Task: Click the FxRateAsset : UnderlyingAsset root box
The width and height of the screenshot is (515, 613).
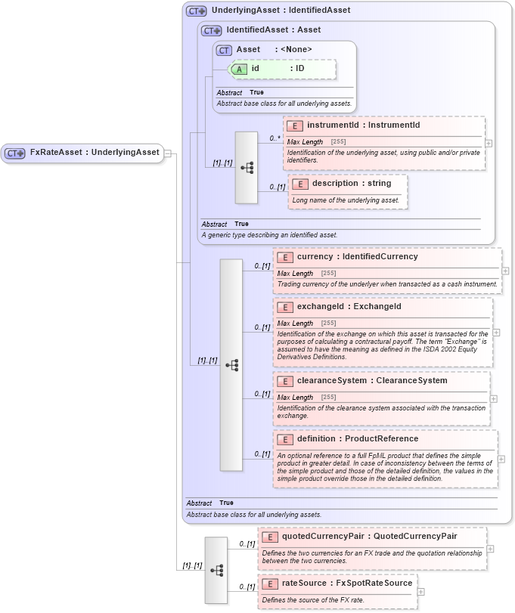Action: pos(82,153)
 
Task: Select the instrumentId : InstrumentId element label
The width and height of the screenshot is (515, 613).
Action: pos(363,125)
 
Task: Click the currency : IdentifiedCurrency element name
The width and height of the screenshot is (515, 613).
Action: pos(357,257)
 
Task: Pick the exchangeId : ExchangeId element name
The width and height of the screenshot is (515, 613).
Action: pos(349,307)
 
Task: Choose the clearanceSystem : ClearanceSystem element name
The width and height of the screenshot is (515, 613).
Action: pos(372,381)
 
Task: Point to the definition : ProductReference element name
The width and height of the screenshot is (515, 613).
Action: pos(357,439)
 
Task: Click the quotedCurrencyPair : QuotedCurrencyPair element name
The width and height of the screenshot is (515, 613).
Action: pos(369,537)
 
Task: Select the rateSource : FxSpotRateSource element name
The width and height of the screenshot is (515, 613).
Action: pos(347,584)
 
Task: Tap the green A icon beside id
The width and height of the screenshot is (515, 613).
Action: pos(239,69)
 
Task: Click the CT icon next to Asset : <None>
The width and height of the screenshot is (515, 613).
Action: pos(224,50)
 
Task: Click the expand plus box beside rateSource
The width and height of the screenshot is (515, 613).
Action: pos(421,592)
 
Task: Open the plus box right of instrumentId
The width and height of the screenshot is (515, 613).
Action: pos(489,143)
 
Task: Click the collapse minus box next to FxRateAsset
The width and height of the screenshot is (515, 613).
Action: pos(167,153)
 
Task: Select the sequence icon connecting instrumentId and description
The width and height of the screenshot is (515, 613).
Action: pos(247,168)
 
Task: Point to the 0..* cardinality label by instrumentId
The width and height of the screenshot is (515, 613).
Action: pos(275,138)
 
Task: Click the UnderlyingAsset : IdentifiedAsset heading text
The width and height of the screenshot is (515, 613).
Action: pos(281,11)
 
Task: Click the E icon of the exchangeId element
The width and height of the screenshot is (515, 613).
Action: pos(285,307)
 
